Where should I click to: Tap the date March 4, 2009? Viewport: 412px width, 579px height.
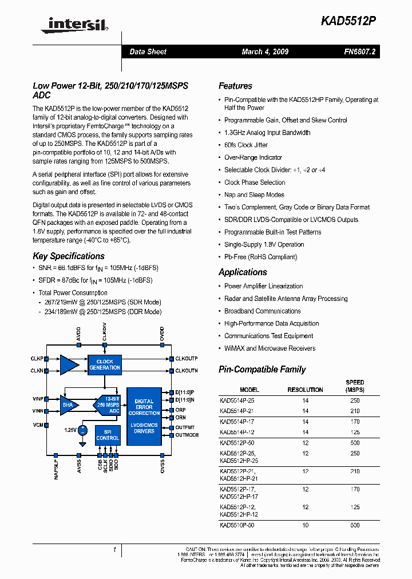point(265,51)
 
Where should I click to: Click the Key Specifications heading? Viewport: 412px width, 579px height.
point(69,256)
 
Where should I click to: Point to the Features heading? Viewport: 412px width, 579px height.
point(235,86)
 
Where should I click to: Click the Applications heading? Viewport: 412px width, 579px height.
point(243,272)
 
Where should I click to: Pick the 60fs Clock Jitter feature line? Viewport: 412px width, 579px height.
point(246,145)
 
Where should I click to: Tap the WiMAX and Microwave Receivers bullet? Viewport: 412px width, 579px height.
point(270,348)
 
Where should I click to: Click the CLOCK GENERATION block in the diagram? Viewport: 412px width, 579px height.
point(105,364)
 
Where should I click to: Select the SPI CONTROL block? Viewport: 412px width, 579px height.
point(108,435)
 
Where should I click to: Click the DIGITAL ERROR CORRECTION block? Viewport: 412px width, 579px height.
point(144,407)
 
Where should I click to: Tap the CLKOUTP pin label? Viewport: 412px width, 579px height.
point(186,359)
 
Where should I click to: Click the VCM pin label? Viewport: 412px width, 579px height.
point(38,425)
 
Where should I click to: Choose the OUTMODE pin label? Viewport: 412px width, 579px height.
point(187,435)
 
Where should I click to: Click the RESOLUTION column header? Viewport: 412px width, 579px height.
point(305,390)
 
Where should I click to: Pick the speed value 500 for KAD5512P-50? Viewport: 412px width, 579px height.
point(355,443)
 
